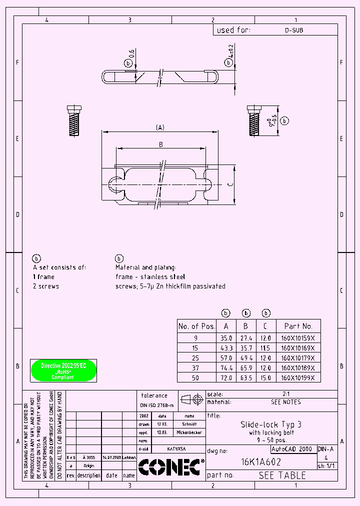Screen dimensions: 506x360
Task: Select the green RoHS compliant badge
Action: coord(63,371)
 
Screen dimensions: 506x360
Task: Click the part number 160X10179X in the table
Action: coord(297,358)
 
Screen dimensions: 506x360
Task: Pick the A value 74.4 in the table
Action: coord(226,368)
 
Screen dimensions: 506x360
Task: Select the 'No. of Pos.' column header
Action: coord(196,326)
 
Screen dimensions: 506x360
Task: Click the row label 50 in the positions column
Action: coord(195,378)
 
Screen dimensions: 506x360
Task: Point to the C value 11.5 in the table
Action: coord(266,348)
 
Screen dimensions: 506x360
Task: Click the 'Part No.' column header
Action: coord(298,326)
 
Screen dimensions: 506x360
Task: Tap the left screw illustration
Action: coord(74,120)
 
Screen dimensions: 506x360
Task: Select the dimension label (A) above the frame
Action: coord(160,128)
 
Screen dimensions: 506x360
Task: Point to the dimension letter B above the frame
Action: coord(160,144)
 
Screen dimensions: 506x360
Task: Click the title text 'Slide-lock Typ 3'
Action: coord(271,424)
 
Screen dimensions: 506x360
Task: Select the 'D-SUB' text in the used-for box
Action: coord(294,30)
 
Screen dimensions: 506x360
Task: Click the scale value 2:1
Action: coord(286,394)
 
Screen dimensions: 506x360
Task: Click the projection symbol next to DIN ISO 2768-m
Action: coord(191,399)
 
